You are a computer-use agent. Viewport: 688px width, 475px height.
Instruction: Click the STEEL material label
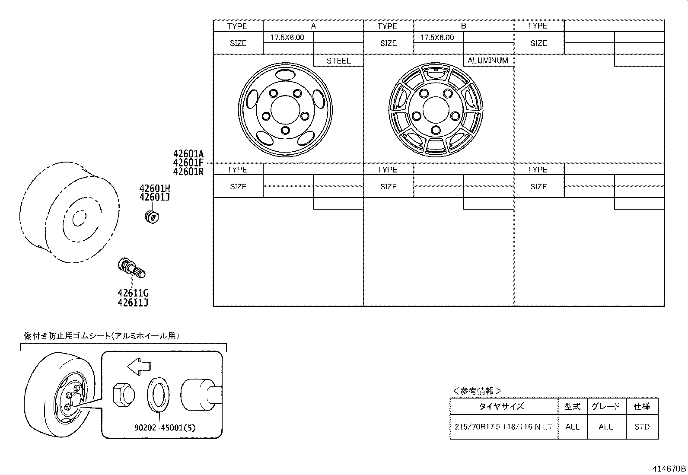(x=338, y=61)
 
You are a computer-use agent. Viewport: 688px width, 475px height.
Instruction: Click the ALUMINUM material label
(x=488, y=61)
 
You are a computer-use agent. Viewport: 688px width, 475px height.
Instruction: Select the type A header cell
(x=313, y=26)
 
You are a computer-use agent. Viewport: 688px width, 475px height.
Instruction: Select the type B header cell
(x=463, y=26)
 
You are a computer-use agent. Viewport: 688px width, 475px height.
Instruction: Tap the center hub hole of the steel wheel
(x=286, y=109)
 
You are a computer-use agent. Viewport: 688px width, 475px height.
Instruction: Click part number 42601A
(x=188, y=154)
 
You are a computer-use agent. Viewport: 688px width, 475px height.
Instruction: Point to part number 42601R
(x=188, y=171)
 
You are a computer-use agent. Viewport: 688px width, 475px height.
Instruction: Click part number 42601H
(x=154, y=188)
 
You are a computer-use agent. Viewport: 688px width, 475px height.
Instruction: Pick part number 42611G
(x=133, y=293)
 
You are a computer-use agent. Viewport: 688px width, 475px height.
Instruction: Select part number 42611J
(x=133, y=303)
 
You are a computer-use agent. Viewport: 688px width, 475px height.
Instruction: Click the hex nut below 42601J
(x=151, y=216)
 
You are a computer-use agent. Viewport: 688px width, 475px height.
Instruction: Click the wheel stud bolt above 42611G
(x=131, y=268)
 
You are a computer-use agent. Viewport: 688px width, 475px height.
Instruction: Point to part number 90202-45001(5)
(x=165, y=428)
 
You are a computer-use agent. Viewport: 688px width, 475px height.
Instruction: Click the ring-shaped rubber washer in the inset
(x=159, y=394)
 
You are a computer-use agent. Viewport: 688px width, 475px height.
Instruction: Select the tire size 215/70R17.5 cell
(x=503, y=427)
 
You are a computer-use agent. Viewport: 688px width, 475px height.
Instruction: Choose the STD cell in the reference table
(x=642, y=427)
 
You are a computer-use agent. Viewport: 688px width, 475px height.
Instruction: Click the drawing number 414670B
(x=669, y=469)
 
